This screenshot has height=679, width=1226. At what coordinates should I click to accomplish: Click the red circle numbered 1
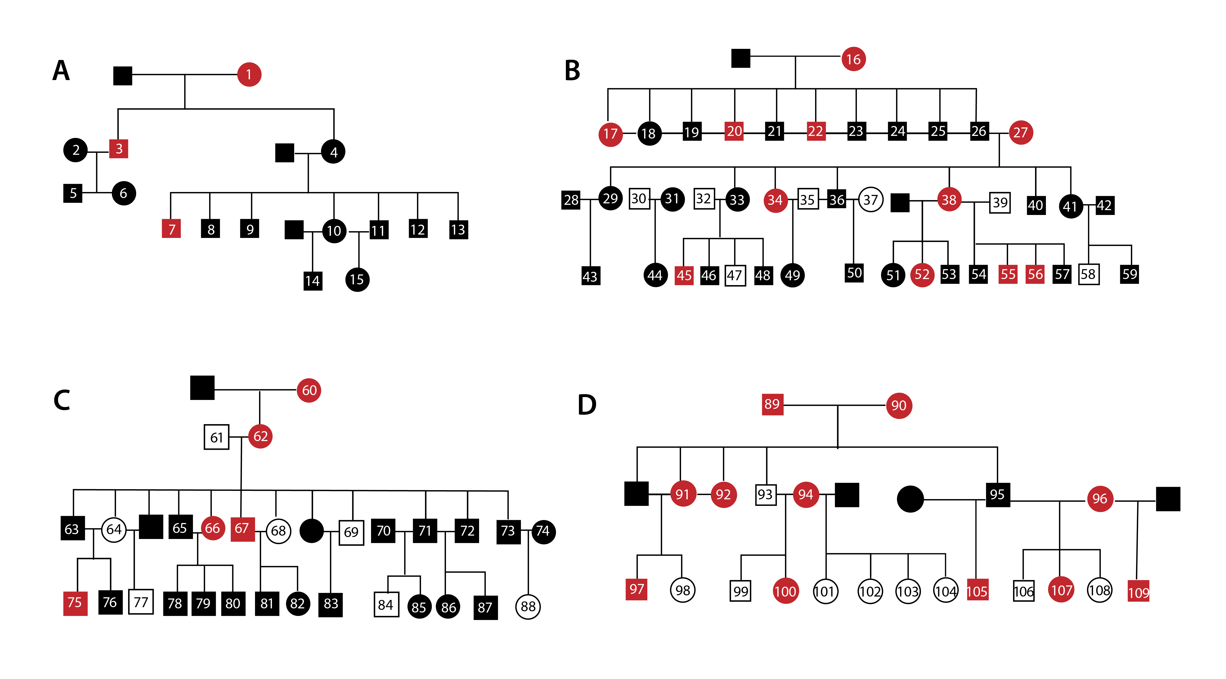tap(249, 75)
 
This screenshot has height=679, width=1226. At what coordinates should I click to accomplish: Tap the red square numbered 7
tap(171, 229)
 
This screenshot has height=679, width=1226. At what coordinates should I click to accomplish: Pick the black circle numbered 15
tap(357, 280)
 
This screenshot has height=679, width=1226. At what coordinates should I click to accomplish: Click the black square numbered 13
tap(458, 229)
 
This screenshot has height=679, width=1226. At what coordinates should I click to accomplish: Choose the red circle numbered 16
tap(853, 59)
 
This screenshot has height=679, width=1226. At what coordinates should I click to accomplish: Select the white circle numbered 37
tap(870, 200)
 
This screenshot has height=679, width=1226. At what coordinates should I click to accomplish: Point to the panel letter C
tap(62, 400)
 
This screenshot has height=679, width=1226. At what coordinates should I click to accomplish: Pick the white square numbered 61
tap(217, 437)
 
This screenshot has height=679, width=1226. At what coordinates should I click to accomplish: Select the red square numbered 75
tap(75, 603)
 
